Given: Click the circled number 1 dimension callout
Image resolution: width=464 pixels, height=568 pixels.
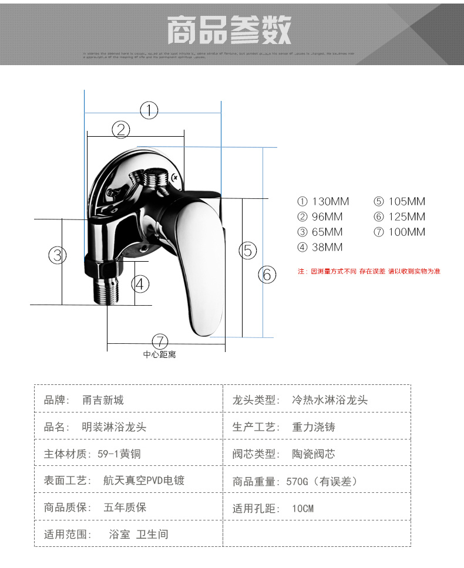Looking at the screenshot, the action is coord(149,110).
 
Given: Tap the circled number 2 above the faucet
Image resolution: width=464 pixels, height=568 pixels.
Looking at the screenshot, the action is coord(120,130).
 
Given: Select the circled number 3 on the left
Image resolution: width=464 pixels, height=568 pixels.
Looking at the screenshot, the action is coord(57,255).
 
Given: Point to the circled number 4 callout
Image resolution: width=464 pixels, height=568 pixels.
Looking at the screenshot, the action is coord(140,284).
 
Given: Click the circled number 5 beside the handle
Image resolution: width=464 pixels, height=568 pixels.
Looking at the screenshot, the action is coord(248,251).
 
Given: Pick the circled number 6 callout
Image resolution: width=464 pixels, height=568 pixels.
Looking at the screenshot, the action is coord(267,274).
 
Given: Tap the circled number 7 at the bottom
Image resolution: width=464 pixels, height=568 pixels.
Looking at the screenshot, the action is coord(160,342).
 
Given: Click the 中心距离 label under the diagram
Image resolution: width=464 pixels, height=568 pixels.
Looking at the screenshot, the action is coord(160,354).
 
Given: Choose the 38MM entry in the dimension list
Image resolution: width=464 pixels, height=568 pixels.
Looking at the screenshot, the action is coord(320,247).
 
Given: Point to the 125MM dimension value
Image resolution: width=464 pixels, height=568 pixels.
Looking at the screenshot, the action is coord(399,217).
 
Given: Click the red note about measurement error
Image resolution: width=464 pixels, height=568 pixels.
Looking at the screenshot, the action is coord(369,271).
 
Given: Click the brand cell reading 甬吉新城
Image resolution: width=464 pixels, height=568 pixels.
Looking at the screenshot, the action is coord(103,400).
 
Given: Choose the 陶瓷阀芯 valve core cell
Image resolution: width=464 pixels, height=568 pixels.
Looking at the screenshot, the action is coord(314,454).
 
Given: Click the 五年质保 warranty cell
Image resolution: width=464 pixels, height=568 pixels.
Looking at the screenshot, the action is coord(125,508).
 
